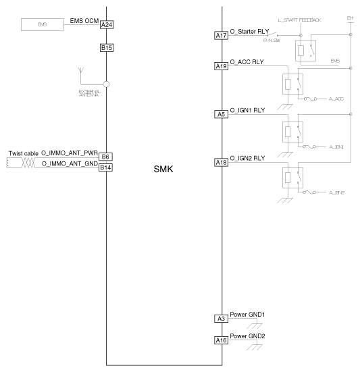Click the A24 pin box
[x=106, y=25]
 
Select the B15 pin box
[x=106, y=48]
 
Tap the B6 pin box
[x=106, y=157]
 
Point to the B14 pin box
[x=106, y=167]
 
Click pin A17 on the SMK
[x=221, y=36]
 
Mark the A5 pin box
[x=221, y=114]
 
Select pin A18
[x=221, y=162]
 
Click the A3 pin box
[x=221, y=318]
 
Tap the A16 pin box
[x=221, y=340]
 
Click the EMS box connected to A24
[x=41, y=25]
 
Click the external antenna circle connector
[x=106, y=84]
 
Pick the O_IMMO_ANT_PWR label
[x=69, y=154]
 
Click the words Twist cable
[x=23, y=154]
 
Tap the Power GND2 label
[x=248, y=336]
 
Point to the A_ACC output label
[x=336, y=99]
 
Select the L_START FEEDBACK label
[x=299, y=20]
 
